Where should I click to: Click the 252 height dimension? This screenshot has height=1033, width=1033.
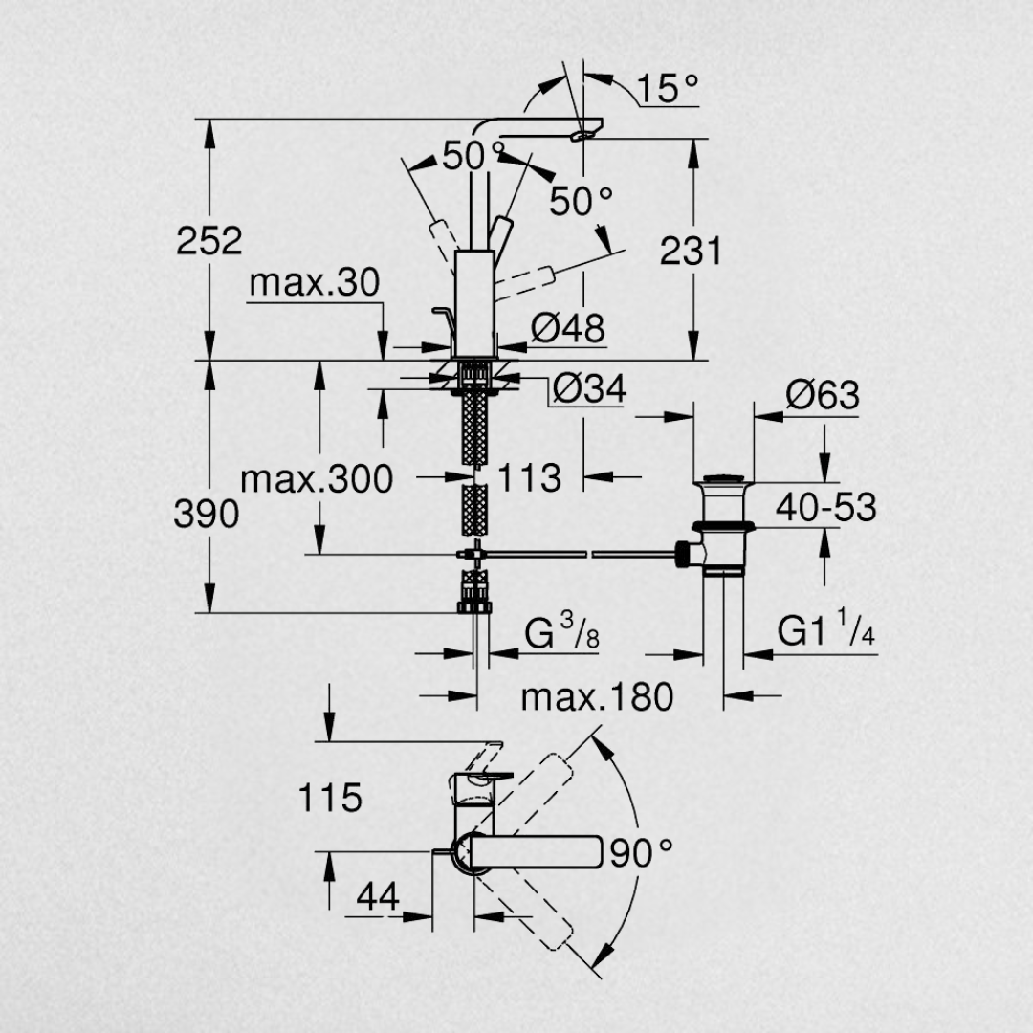[x=209, y=240]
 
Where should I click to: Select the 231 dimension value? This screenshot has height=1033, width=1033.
[x=692, y=251]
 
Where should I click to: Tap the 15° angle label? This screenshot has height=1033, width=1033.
[x=668, y=88]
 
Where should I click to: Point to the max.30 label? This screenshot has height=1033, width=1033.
[x=315, y=283]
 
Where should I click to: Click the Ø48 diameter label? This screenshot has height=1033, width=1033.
[x=567, y=328]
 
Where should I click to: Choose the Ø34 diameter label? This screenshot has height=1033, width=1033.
[x=589, y=388]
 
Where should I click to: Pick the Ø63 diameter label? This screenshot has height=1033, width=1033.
[x=823, y=395]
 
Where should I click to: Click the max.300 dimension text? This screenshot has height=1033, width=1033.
[x=317, y=479]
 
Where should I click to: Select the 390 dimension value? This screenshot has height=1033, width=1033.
[x=207, y=514]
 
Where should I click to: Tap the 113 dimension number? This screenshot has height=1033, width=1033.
[x=529, y=477]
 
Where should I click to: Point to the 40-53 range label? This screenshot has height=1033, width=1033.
[x=826, y=507]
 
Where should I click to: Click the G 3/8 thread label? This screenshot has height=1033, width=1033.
[x=562, y=632]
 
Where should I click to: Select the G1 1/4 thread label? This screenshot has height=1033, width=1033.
[x=826, y=628]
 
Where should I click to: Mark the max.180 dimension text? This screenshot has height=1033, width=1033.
[x=598, y=697]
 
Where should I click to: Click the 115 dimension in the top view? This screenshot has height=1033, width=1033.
[x=330, y=798]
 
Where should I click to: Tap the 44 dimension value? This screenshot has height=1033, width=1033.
[x=378, y=896]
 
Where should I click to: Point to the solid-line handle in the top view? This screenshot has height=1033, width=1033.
[x=535, y=852]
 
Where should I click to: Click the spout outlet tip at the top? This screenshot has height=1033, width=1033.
[x=583, y=135]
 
